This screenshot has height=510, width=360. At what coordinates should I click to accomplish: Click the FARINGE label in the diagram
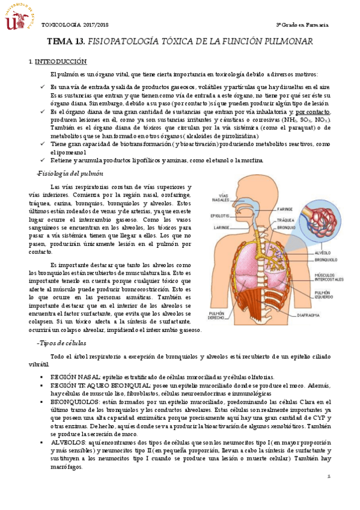(285, 209)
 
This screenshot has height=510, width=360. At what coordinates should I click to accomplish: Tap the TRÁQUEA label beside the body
(286, 220)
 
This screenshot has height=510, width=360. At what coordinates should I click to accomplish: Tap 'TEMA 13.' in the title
(66, 41)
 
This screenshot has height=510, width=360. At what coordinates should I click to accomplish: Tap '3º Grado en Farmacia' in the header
(302, 25)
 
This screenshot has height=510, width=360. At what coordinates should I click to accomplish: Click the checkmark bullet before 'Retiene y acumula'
(43, 160)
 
